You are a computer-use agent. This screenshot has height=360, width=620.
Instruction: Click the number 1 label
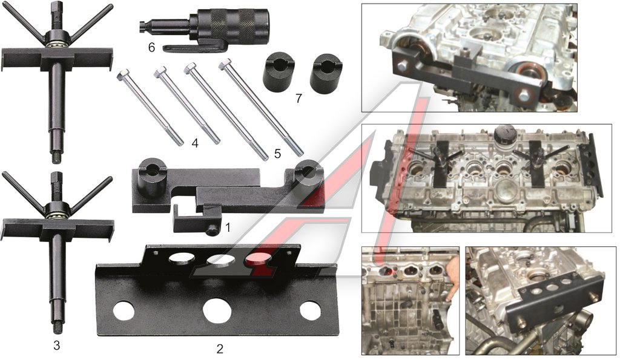pyautogui.click(x=228, y=227)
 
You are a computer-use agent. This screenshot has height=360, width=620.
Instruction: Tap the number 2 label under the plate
pyautogui.click(x=220, y=349)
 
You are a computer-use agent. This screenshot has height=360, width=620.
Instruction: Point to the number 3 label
pyautogui.click(x=56, y=345)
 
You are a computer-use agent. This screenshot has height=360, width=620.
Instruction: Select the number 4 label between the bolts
pyautogui.click(x=195, y=143)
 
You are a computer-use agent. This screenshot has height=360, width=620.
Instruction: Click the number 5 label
pyautogui.click(x=277, y=153)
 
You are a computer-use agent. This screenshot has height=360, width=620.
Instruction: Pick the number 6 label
pyautogui.click(x=151, y=48)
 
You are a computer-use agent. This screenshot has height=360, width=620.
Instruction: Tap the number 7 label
pyautogui.click(x=298, y=97)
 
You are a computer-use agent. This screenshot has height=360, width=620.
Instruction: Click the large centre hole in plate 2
pyautogui.click(x=217, y=309)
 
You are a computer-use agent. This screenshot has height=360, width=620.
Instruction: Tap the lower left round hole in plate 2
pyautogui.click(x=124, y=310)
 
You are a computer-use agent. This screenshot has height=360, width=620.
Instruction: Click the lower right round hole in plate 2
pyautogui.click(x=310, y=310)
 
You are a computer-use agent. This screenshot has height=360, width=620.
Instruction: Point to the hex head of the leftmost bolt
pyautogui.click(x=123, y=74)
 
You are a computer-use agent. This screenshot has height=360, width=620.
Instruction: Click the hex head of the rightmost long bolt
pyautogui.click(x=225, y=64)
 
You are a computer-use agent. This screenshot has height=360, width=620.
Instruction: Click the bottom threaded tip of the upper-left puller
pyautogui.click(x=57, y=159)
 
